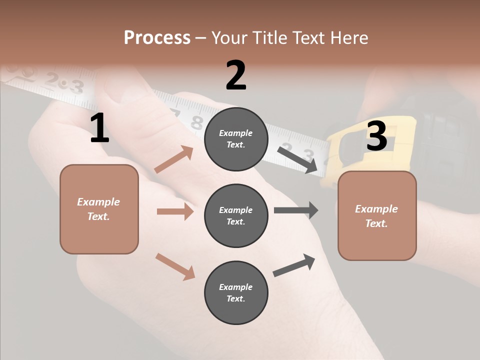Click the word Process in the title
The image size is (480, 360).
(x=157, y=37)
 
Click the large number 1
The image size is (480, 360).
(x=99, y=128)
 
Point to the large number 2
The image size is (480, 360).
(x=236, y=75)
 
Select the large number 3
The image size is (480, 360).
(x=376, y=136)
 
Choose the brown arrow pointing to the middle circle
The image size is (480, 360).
(x=175, y=211)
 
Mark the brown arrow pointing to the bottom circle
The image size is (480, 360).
(x=175, y=266)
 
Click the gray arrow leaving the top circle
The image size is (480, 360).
(x=297, y=160)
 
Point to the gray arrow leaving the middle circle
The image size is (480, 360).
(x=296, y=210)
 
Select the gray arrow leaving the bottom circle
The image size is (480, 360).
(x=294, y=265)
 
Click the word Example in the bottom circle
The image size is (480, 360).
(x=236, y=287)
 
